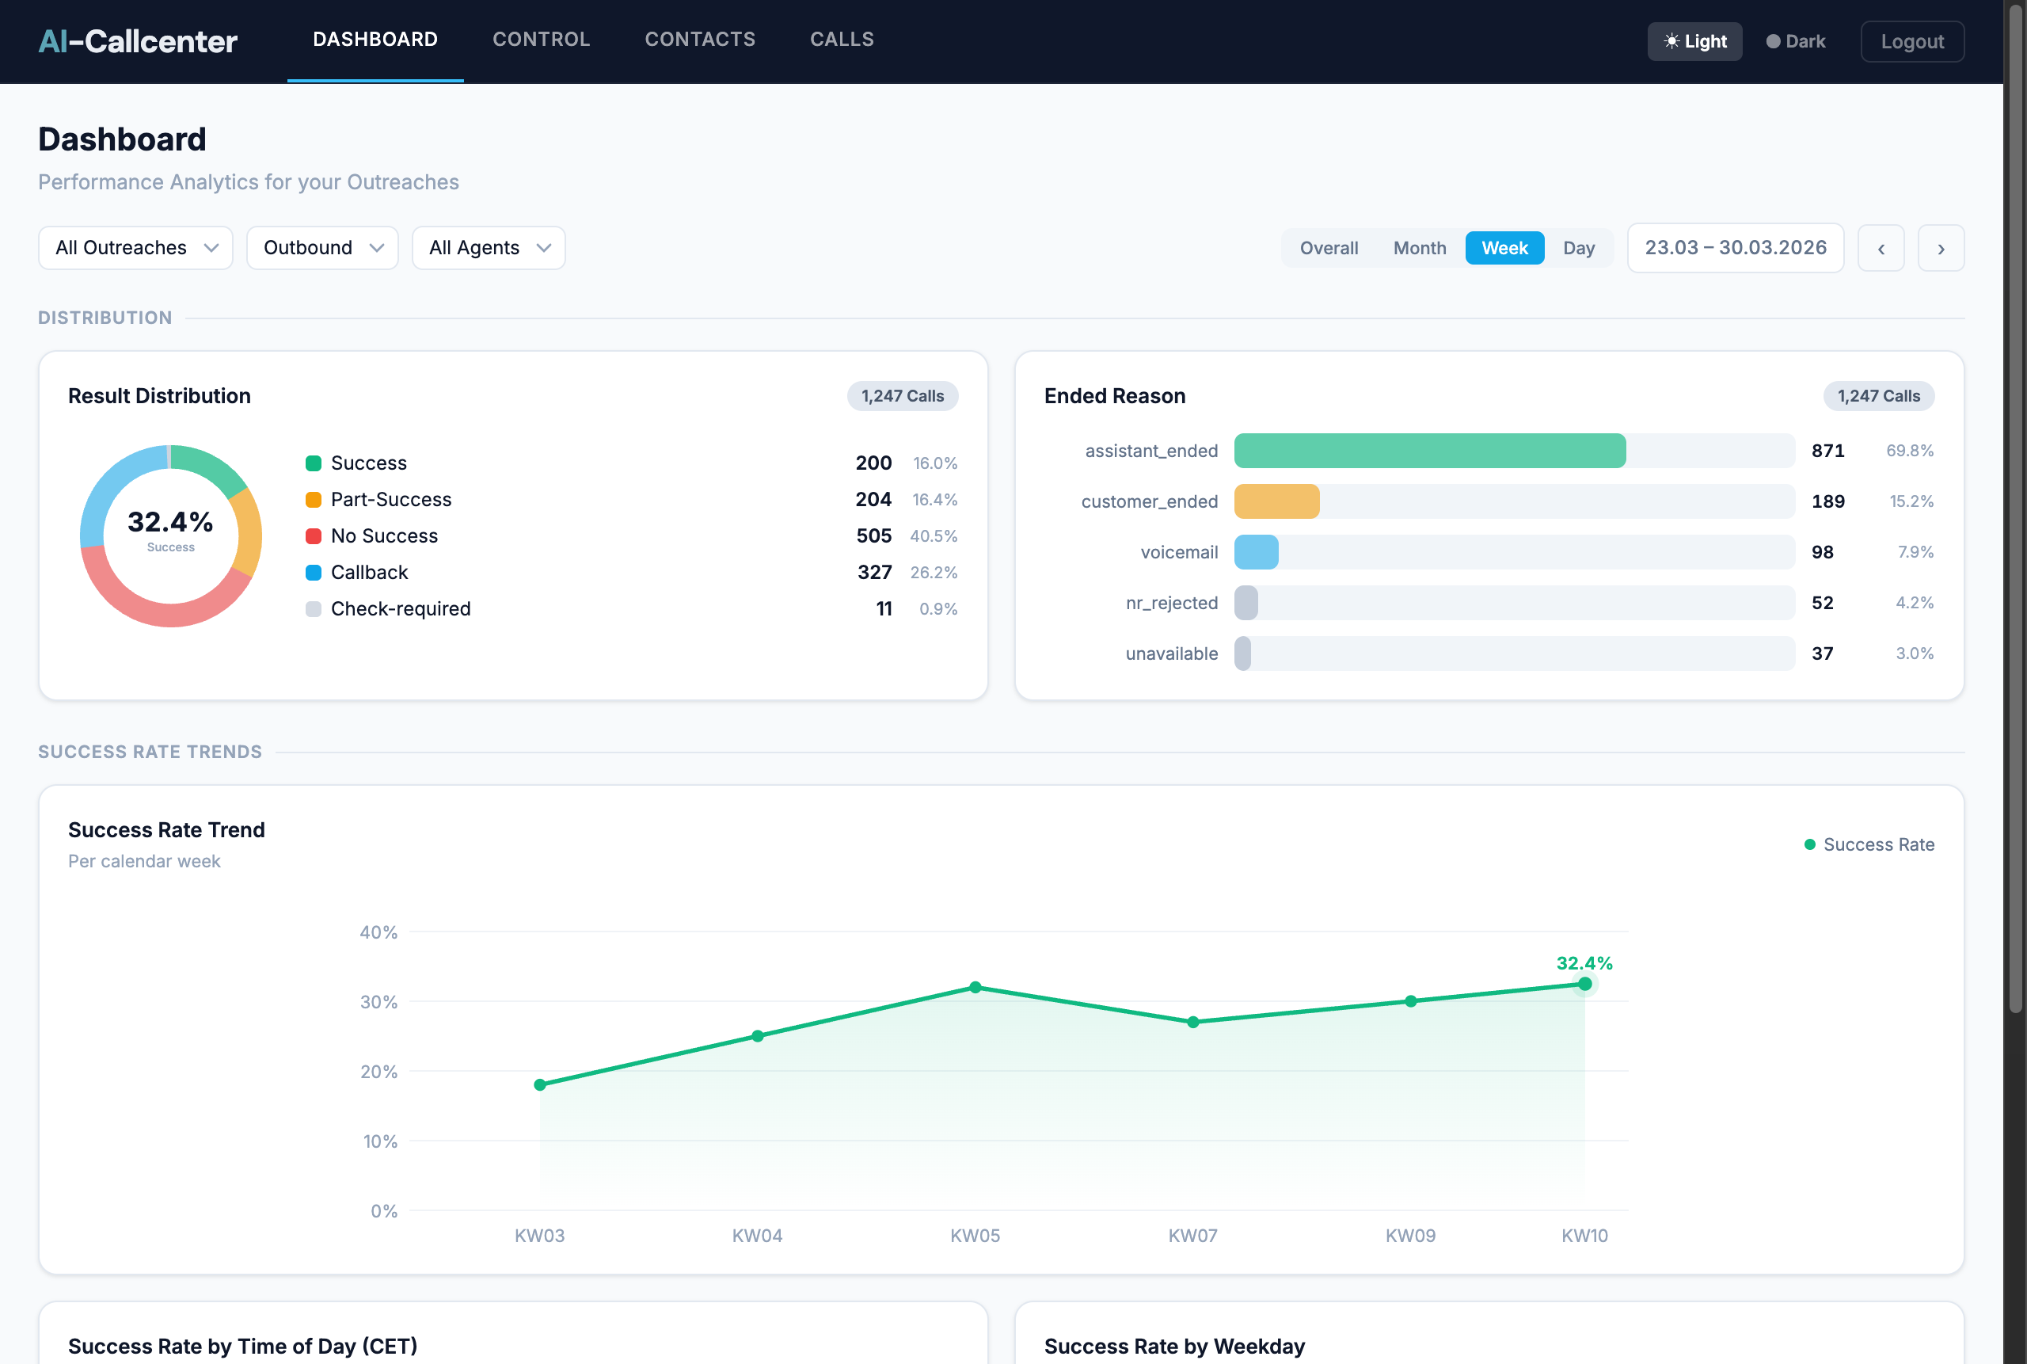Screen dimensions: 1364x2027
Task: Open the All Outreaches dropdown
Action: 135,248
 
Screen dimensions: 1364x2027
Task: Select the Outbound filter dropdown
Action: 321,248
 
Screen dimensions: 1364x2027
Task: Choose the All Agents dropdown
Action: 488,248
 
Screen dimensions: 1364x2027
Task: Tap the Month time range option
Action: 1419,248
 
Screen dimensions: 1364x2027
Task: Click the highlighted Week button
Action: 1504,248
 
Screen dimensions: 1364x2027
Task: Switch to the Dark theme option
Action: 1796,42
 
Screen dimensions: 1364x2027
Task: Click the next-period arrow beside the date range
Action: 1940,249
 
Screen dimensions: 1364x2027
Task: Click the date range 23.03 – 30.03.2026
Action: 1735,248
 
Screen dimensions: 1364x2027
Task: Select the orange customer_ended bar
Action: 1276,501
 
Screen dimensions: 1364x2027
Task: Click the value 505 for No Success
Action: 873,535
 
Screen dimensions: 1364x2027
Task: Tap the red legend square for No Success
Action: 313,535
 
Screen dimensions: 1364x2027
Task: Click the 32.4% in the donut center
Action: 170,522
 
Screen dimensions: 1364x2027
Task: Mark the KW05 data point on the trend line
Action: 975,987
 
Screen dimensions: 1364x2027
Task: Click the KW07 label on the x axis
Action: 1192,1235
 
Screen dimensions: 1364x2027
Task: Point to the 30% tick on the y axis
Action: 378,1002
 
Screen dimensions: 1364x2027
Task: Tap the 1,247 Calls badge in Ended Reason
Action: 1877,396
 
